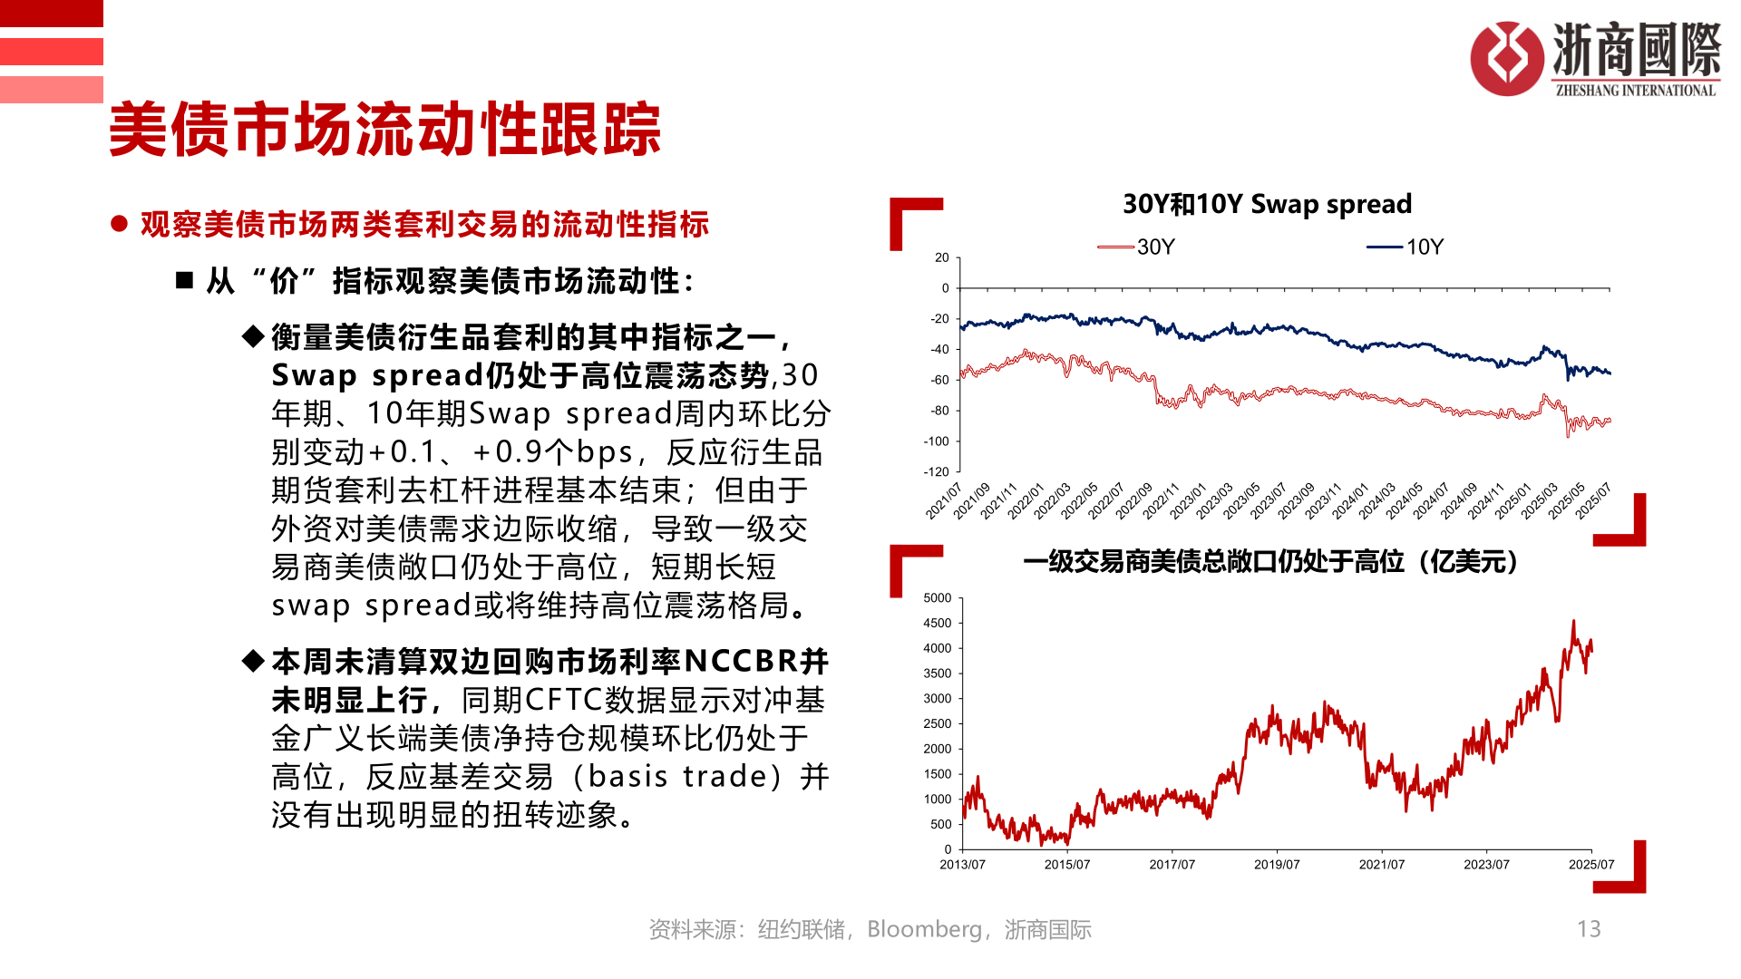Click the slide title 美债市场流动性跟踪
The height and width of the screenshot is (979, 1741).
coord(384,130)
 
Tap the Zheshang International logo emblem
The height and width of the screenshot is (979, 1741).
coord(1506,59)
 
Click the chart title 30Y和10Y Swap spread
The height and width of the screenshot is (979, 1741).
coord(1267,204)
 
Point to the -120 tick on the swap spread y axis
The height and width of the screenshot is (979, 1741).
coord(936,471)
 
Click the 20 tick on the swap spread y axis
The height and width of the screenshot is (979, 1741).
coord(941,257)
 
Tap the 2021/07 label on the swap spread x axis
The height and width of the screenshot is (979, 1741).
coord(943,501)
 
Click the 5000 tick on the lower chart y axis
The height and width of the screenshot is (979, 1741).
coord(937,598)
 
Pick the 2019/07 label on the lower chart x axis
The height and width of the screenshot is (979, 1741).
coord(1276,865)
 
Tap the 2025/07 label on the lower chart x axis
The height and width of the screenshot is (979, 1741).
coord(1590,865)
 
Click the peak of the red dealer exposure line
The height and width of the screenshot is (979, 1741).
coord(1573,622)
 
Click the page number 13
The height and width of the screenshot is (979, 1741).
coord(1589,929)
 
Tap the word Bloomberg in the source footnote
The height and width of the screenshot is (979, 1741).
coord(923,929)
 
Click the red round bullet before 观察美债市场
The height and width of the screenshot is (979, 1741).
coord(119,224)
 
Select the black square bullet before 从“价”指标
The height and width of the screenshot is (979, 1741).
coord(185,281)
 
